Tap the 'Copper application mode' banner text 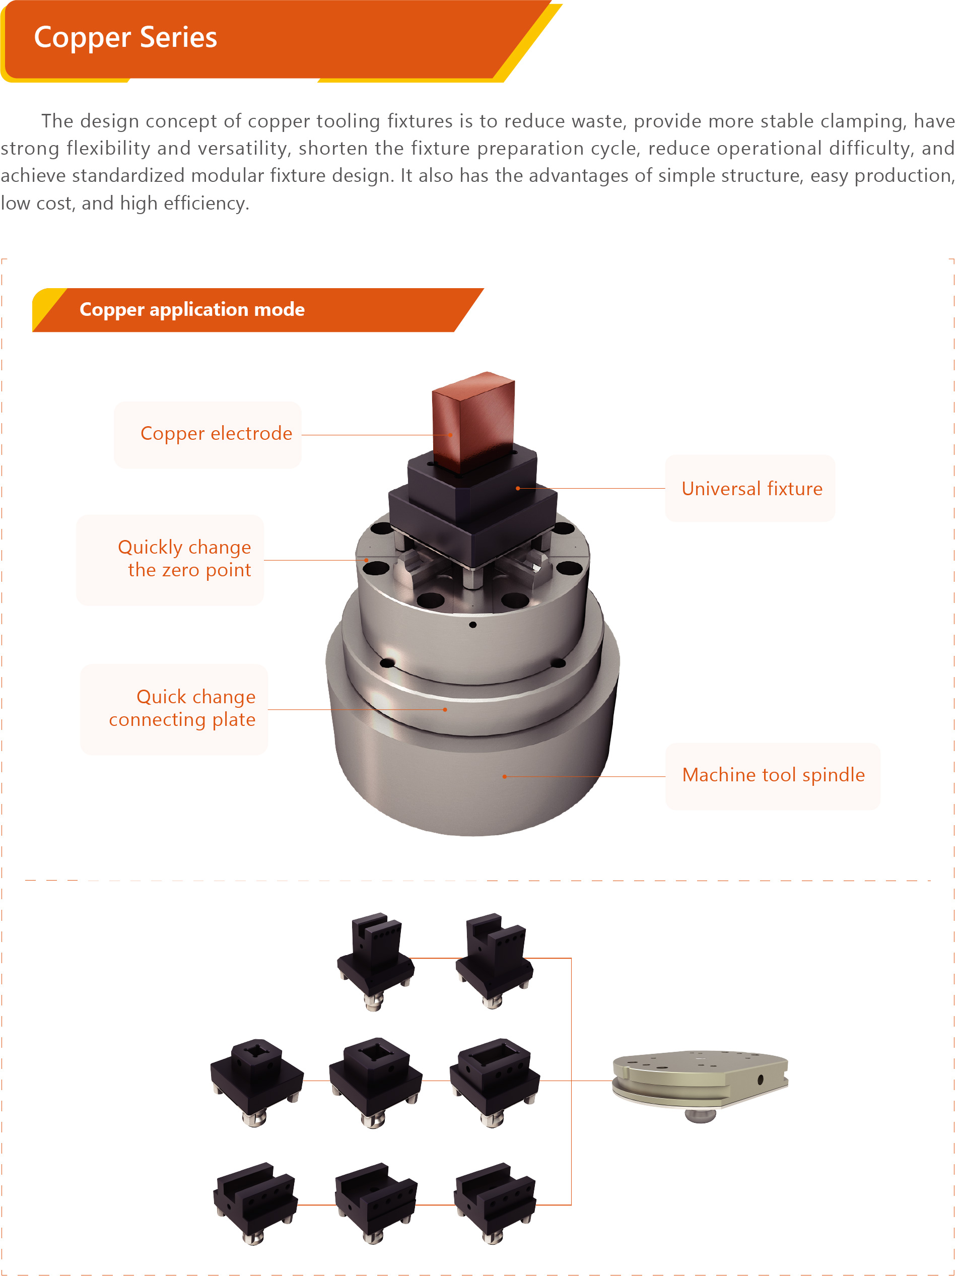[x=192, y=310]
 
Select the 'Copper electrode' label [x=216, y=433]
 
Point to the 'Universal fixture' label [x=752, y=489]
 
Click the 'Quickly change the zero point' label [x=184, y=558]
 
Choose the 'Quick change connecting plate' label [x=182, y=708]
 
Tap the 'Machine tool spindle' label [x=774, y=775]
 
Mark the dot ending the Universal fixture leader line [x=518, y=489]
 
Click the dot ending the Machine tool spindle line [x=505, y=776]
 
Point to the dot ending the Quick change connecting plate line [x=445, y=709]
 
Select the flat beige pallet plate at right [x=700, y=1085]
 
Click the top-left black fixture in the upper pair [x=375, y=961]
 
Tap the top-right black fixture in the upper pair [x=495, y=961]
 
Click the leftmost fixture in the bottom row [x=256, y=1203]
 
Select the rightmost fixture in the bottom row [x=495, y=1203]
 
